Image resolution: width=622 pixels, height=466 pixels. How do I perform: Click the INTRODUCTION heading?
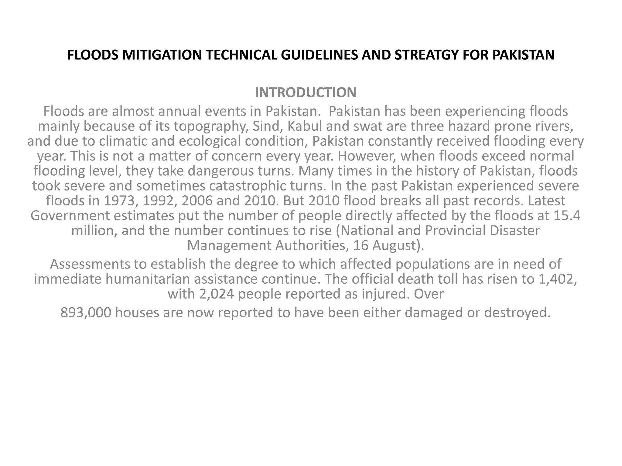[306, 93]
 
